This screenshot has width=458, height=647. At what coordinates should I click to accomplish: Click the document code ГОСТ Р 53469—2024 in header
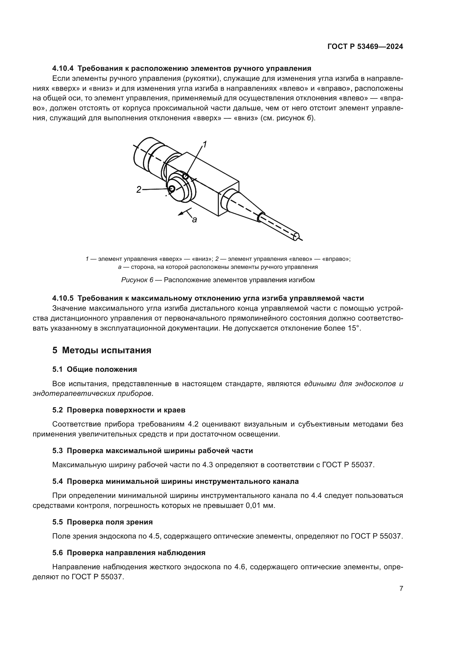(365, 47)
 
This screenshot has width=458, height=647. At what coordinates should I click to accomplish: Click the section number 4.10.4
(63, 69)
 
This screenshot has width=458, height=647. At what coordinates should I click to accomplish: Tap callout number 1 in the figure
(205, 145)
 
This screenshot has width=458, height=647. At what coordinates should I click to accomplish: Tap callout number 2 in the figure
(138, 190)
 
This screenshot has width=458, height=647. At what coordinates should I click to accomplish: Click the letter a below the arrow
(194, 220)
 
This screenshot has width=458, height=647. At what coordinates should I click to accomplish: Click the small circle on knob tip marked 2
(171, 189)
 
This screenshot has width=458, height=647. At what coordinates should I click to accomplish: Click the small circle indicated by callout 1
(186, 176)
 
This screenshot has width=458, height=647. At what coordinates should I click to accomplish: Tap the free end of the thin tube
(296, 237)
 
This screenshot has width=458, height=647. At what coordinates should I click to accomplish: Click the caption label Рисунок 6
(137, 280)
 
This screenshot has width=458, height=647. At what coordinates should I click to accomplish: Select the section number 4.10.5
(63, 298)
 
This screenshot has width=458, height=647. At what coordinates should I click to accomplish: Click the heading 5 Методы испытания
(102, 350)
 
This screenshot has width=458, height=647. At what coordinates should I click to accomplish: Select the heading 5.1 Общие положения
(94, 370)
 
